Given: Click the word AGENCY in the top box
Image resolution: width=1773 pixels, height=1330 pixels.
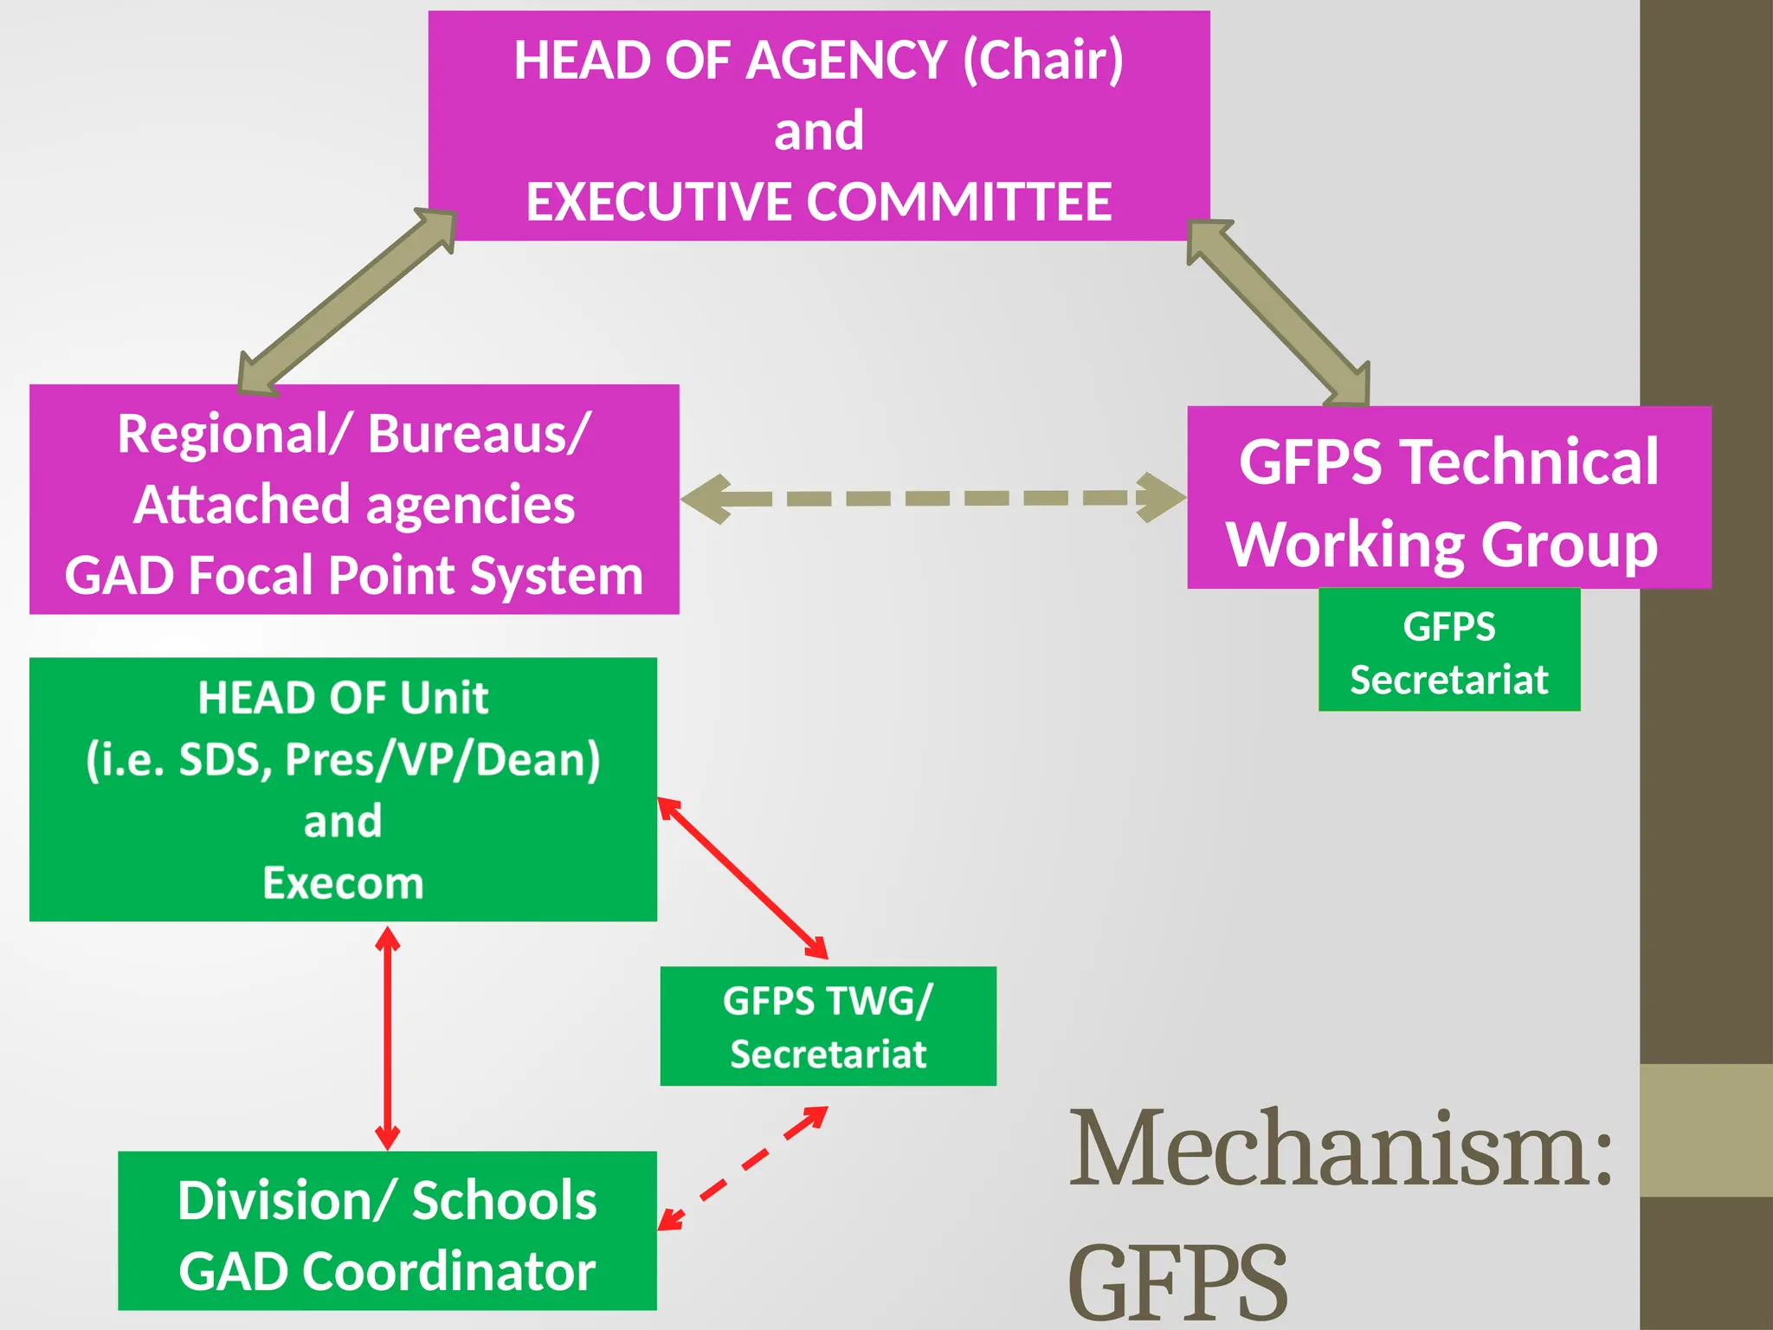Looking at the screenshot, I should (846, 61).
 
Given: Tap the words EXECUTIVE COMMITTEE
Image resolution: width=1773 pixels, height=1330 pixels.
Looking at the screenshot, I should (818, 202).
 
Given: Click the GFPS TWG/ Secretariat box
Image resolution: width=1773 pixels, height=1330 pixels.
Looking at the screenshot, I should (828, 1026).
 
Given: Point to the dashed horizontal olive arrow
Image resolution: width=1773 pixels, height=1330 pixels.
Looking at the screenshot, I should (933, 498).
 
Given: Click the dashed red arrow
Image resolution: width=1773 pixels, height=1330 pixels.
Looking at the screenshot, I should (743, 1168).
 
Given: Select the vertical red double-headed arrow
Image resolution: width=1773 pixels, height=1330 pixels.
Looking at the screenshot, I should (387, 1037).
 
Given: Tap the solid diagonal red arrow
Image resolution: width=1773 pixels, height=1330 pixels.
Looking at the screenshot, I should (743, 878).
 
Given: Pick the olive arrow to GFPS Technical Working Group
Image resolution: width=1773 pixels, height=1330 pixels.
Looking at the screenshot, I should (1278, 312).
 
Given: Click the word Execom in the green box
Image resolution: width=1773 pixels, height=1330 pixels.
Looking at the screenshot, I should (343, 883).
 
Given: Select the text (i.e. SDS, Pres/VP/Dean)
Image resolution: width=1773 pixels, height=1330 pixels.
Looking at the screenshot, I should (343, 759).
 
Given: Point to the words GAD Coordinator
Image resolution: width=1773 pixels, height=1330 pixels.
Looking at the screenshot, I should (387, 1271).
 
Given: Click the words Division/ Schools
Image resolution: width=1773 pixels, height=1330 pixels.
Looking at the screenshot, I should (387, 1201).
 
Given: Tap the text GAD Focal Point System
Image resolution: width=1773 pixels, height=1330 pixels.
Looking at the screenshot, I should (353, 576).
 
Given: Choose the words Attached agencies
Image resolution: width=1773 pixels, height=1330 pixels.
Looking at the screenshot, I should (353, 505).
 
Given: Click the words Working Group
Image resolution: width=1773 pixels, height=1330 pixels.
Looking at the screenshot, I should (1441, 545).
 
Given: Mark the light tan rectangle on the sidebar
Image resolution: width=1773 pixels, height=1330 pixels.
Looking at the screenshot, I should (1705, 1130).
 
